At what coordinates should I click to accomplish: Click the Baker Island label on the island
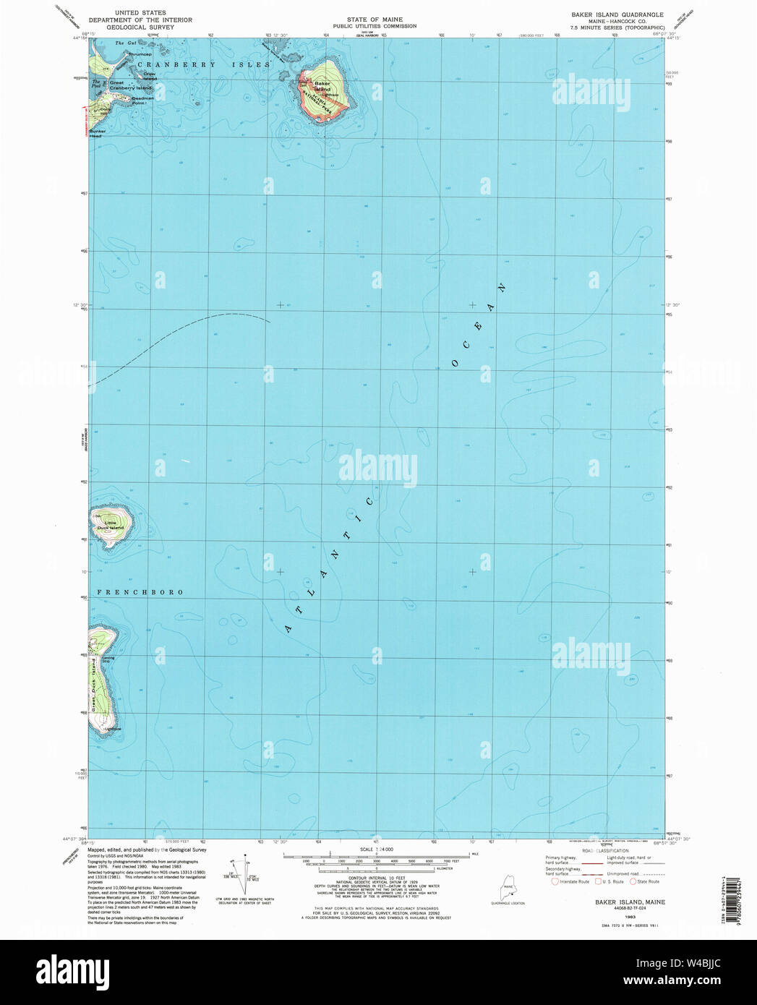pyautogui.click(x=322, y=87)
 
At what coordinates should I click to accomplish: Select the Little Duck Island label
pyautogui.click(x=113, y=525)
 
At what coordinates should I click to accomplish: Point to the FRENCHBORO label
pyautogui.click(x=136, y=592)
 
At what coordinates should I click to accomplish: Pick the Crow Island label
pyautogui.click(x=150, y=75)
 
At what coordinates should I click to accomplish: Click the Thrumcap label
pyautogui.click(x=140, y=54)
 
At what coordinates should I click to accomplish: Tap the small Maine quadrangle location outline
pyautogui.click(x=508, y=887)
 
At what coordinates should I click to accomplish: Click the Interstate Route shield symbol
pyautogui.click(x=555, y=881)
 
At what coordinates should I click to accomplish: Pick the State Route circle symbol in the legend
pyautogui.click(x=633, y=881)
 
